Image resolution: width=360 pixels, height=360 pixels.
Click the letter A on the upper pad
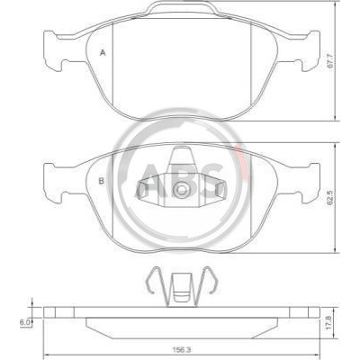coord(103,53)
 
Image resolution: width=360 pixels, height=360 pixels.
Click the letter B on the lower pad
coord(102,181)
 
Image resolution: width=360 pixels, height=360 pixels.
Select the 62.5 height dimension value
coord(330,199)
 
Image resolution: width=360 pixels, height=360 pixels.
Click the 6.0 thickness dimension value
coord(24,322)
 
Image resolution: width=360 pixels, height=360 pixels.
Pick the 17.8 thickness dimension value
coord(330,322)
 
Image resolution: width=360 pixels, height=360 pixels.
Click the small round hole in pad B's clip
coord(181,190)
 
